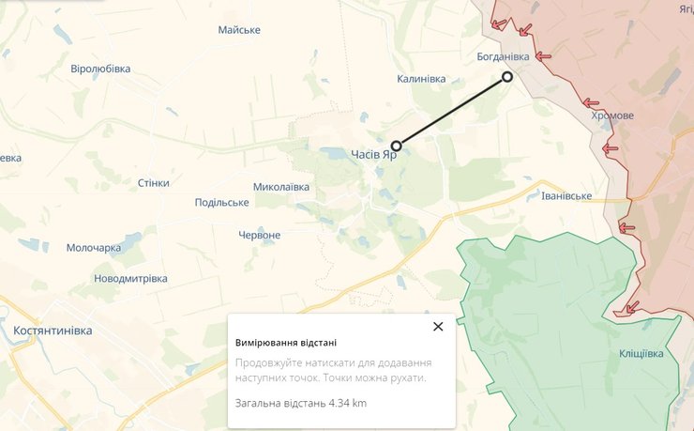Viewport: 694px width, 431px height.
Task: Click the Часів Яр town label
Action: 373,154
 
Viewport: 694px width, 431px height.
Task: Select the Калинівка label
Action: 420,78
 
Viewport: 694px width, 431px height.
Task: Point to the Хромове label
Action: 612,115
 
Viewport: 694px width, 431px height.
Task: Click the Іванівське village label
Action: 566,195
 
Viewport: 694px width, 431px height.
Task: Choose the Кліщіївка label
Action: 641,353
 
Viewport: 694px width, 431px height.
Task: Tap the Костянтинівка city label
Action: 53,331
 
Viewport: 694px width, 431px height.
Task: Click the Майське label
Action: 238,30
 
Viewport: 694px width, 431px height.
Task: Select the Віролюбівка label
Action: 100,69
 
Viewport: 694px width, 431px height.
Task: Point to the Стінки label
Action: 153,182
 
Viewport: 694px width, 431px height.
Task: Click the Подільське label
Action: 221,202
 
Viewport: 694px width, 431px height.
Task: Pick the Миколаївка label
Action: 281,186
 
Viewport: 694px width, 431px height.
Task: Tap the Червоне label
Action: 260,235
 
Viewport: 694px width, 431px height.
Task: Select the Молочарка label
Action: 94,248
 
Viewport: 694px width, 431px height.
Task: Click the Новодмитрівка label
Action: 130,278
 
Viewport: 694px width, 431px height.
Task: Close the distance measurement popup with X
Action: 437,327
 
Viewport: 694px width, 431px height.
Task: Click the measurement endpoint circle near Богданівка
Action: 507,77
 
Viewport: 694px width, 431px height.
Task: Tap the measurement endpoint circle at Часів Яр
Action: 397,146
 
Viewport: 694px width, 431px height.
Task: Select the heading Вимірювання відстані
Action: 285,342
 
